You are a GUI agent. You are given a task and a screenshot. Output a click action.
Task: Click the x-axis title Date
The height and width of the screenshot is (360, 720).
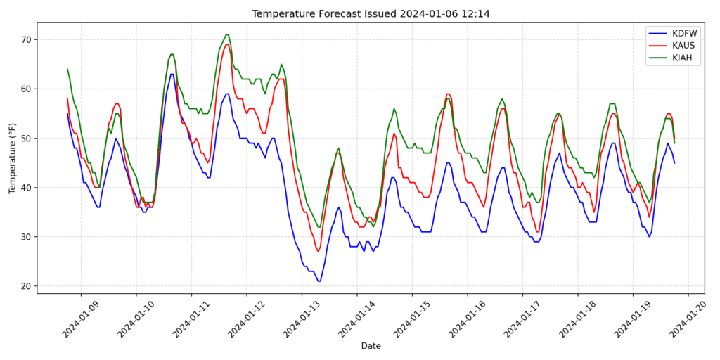(x=371, y=346)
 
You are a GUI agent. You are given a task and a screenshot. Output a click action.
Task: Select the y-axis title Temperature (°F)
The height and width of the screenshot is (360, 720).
(x=12, y=157)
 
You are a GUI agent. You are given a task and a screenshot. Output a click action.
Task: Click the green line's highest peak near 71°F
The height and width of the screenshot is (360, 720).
(x=227, y=34)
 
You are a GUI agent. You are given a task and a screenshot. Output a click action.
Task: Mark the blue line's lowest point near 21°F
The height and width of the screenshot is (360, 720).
(x=319, y=281)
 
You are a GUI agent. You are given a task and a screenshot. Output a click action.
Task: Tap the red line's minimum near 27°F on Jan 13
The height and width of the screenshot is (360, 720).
(x=318, y=252)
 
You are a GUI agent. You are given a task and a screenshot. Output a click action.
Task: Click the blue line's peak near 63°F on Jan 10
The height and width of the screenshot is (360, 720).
(x=172, y=74)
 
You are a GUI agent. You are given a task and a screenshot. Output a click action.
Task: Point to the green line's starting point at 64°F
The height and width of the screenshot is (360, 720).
(x=67, y=69)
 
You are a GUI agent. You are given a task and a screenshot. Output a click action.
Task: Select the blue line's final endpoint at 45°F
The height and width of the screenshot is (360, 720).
(x=674, y=163)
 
